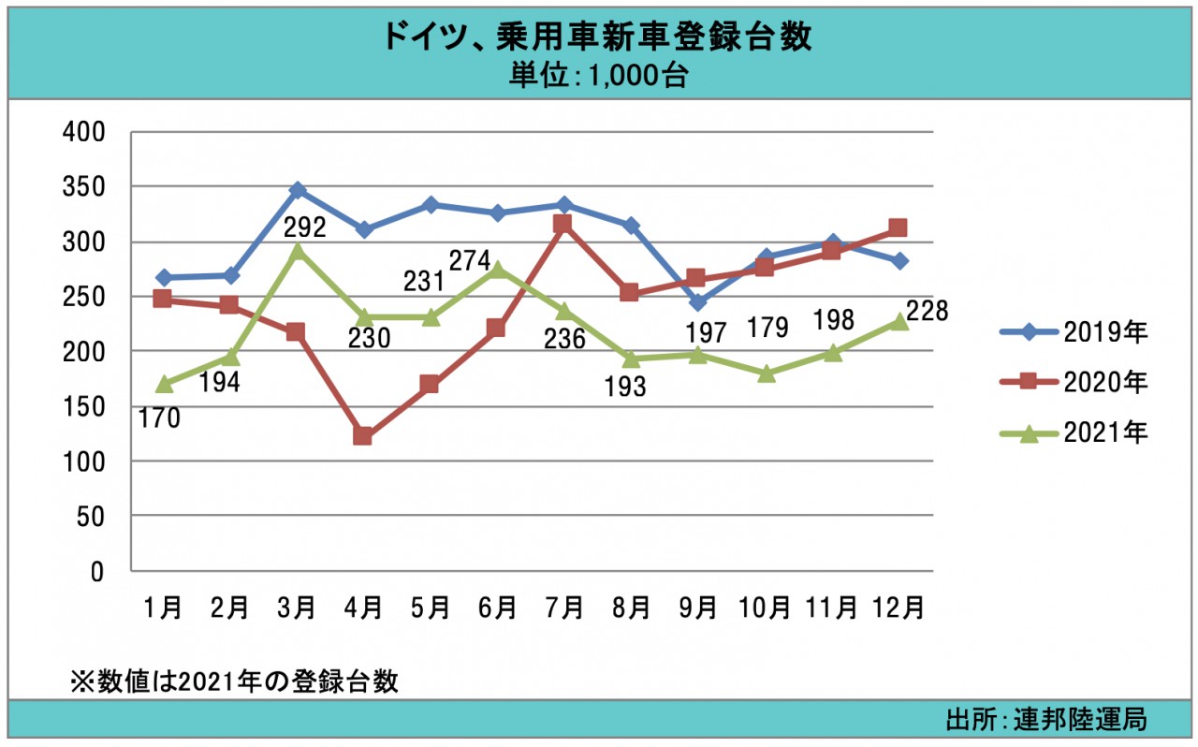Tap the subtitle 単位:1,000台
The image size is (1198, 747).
tap(598, 76)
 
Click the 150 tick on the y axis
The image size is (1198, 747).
tap(83, 407)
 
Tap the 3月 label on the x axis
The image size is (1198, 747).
tap(297, 608)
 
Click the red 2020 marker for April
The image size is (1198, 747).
tap(363, 436)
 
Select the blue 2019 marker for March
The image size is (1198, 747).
tap(298, 191)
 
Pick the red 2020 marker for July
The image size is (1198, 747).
tap(562, 224)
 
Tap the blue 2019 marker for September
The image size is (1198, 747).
tap(697, 302)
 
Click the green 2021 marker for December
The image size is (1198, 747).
tap(898, 321)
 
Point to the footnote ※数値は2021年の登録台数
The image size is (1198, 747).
tap(235, 681)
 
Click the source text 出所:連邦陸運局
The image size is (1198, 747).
tap(1046, 720)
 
